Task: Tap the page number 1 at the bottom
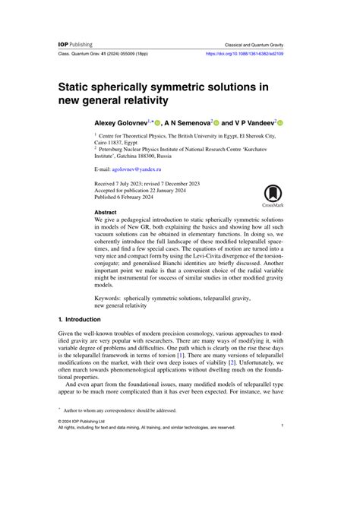click(x=282, y=468)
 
